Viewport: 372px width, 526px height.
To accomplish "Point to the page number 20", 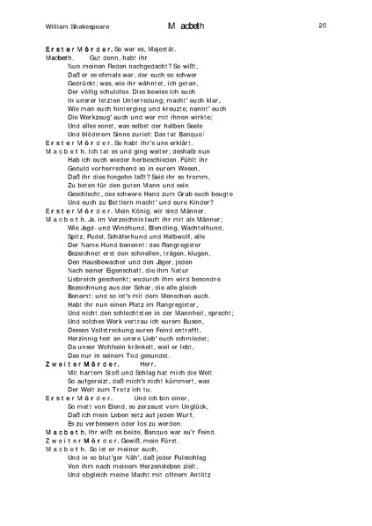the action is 323,26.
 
